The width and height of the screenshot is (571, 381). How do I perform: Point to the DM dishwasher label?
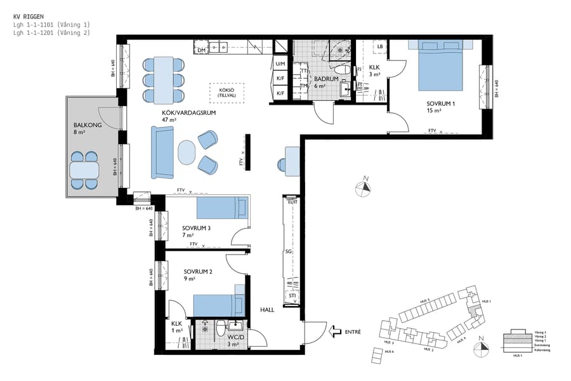(201, 49)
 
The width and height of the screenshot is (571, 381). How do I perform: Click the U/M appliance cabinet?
(280, 64)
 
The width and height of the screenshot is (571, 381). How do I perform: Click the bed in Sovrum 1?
(442, 65)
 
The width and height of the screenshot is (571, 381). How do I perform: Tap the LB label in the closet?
(380, 47)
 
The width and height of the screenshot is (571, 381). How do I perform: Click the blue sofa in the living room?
(162, 152)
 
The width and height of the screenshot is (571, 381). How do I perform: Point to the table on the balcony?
(84, 171)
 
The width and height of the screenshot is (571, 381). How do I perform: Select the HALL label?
(267, 310)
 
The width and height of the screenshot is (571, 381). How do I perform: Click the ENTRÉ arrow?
(336, 331)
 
